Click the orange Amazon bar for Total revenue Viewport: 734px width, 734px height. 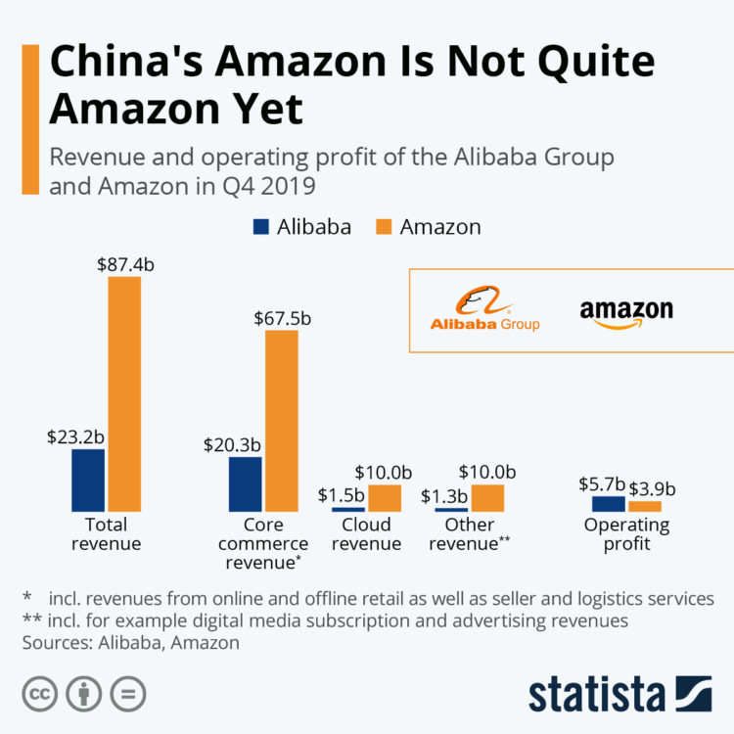(x=124, y=393)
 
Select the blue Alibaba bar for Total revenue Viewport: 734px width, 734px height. (x=87, y=480)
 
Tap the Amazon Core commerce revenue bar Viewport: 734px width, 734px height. (x=282, y=421)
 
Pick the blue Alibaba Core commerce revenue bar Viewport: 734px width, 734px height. (x=245, y=483)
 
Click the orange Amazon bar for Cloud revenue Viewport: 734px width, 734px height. (x=385, y=497)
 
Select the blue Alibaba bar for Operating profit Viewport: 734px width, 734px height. (x=609, y=503)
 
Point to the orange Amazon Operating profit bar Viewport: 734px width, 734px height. (x=645, y=506)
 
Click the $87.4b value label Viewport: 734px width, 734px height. (x=124, y=263)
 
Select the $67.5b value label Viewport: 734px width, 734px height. (x=284, y=317)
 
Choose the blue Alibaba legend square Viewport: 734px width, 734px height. (x=261, y=226)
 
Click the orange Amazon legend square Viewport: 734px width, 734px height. (x=384, y=226)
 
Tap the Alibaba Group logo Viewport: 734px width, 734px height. (x=484, y=310)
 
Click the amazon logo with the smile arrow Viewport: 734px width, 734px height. (x=626, y=313)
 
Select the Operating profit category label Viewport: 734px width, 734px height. (x=627, y=533)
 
